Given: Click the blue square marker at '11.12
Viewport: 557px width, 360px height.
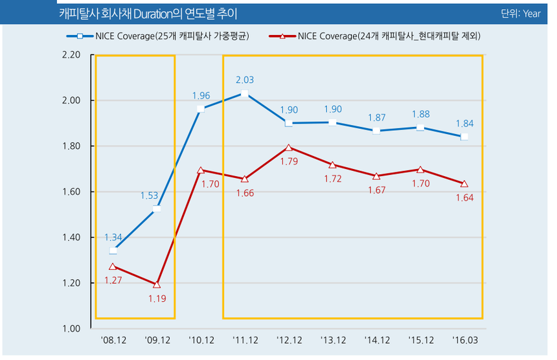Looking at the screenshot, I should pos(244,94).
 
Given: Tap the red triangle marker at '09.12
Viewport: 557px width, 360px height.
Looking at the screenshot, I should pos(157,284).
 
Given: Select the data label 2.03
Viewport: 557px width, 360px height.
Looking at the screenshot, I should pos(245,80).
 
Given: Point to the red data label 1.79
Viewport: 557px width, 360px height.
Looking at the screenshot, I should pos(289,161).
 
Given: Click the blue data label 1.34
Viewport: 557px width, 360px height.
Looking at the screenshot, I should pos(113,237).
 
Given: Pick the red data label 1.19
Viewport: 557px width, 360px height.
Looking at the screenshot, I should pos(157,298).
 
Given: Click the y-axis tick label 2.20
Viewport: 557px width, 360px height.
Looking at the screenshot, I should pos(71,56).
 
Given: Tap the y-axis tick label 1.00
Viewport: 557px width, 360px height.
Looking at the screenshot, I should pos(71,329).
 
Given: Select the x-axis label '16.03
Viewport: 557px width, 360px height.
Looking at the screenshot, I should pos(464,341).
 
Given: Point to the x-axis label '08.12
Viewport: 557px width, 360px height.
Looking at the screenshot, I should pos(113,341).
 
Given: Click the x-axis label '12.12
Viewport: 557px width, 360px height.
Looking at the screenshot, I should pos(289,341).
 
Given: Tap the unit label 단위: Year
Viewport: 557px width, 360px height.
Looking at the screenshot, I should pos(520,13).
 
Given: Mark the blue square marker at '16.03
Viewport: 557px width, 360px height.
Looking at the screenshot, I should pos(464,137).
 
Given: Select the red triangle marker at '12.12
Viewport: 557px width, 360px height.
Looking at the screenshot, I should pos(289,148).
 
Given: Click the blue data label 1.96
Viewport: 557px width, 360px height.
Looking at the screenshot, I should pos(201,96).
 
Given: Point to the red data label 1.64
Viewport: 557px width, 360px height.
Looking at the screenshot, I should pos(464,197).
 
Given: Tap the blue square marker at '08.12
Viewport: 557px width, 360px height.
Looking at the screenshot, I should pos(113,251).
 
